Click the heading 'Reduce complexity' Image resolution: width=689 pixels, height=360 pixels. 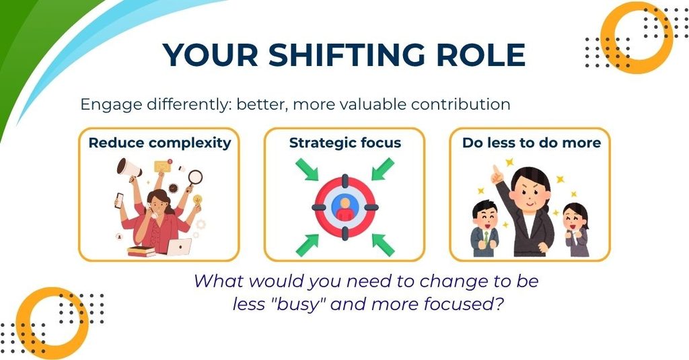pos(159,143)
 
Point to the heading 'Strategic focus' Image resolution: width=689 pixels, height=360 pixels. pos(345,143)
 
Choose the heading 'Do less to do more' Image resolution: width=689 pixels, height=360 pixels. pos(532,143)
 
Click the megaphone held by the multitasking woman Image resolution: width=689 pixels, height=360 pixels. pos(129,170)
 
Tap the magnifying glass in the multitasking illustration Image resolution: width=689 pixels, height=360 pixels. pos(194,178)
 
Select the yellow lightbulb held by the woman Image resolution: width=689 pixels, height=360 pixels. pos(197,200)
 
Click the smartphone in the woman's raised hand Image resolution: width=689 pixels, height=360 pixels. pos(118,201)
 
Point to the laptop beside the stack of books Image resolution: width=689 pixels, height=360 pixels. pos(179,246)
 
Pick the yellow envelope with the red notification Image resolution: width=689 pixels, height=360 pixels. pos(162,166)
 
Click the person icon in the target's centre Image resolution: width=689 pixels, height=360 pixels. pos(345,207)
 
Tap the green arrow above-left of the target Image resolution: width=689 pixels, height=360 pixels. pos(307,170)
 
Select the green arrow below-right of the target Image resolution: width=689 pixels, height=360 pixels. pos(383,245)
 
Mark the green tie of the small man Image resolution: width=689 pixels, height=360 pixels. pos(486,236)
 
